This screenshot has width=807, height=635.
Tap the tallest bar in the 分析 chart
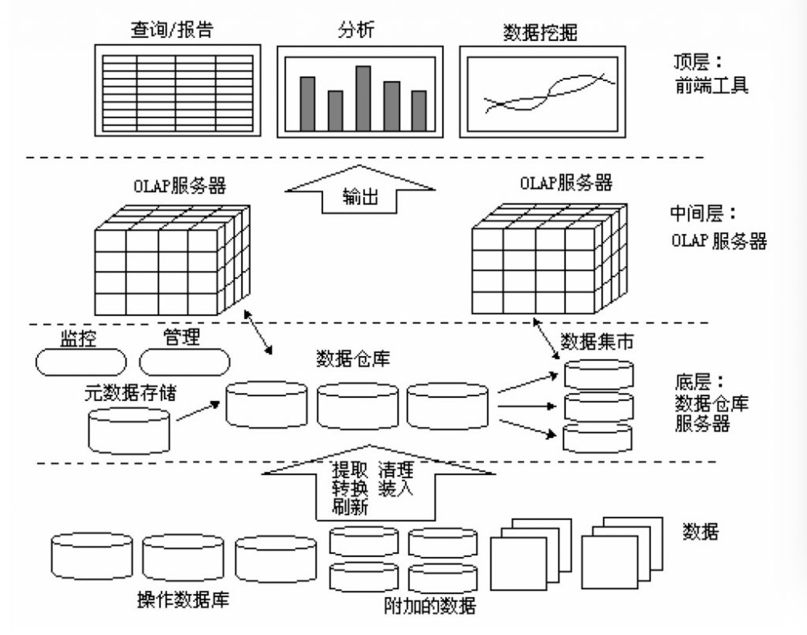(x=363, y=98)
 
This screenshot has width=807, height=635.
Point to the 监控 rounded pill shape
(x=80, y=362)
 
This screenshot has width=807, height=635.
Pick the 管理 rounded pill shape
(x=184, y=362)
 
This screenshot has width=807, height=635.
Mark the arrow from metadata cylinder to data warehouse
(x=197, y=410)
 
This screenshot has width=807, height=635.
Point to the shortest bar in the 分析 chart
(x=336, y=111)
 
